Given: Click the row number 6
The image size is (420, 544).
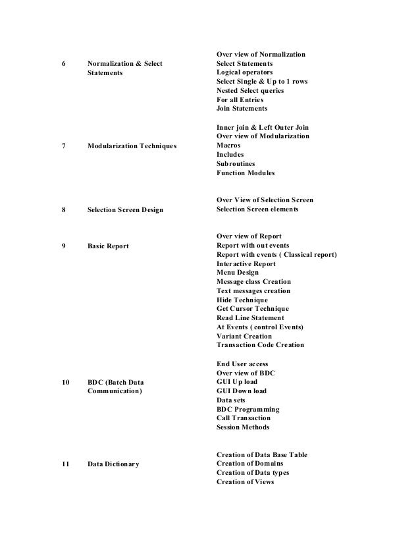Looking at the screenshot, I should [x=63, y=63].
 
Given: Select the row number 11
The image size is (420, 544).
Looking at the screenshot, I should [x=65, y=464].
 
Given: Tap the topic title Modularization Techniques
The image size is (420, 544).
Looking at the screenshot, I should [x=132, y=145].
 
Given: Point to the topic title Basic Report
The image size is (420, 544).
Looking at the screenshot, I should [x=108, y=246].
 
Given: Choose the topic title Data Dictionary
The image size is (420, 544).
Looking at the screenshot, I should [x=113, y=464].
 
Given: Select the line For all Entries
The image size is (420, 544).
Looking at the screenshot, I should [x=240, y=99].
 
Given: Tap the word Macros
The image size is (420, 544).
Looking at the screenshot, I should [x=228, y=145].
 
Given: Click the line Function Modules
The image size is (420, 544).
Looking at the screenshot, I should [x=246, y=173].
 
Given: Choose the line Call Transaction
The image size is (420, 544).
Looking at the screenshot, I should [x=243, y=418].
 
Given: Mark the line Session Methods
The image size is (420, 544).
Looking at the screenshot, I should [x=242, y=427].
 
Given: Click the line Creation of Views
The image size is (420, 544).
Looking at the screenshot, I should [x=245, y=482].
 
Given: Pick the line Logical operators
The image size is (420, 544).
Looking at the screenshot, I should [x=244, y=72].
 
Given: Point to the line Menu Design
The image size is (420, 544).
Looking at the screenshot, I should [x=237, y=273].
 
